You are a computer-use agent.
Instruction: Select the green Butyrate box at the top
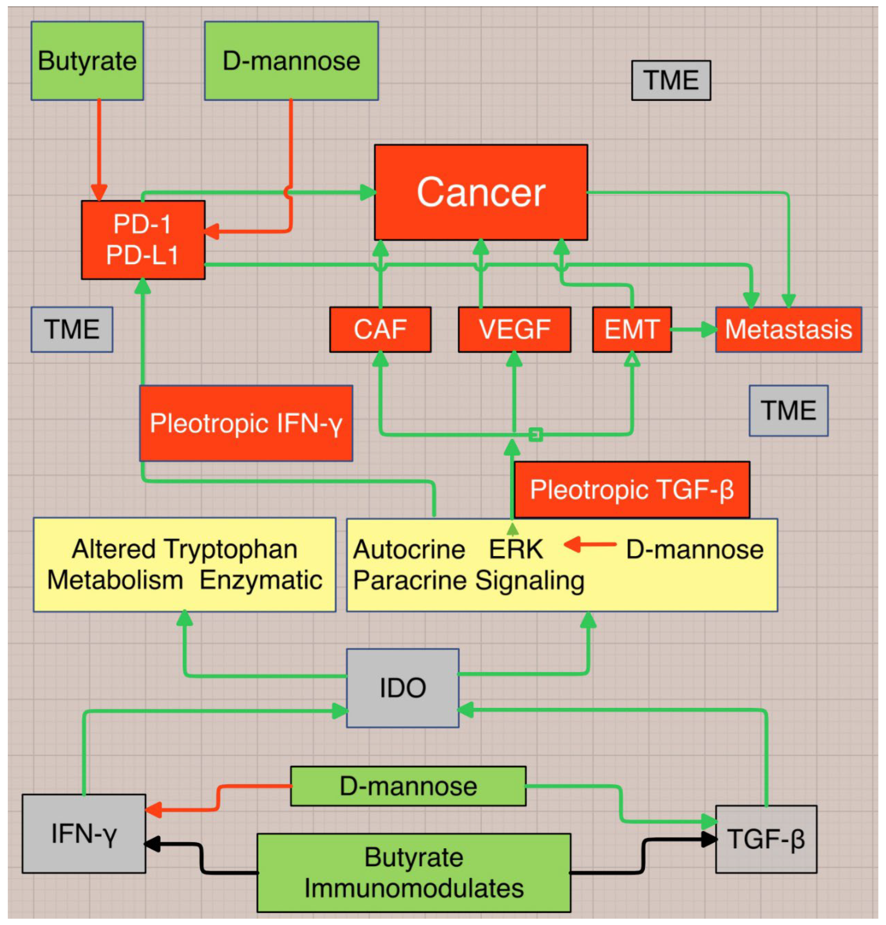point(87,61)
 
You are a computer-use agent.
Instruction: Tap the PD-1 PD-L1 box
point(143,240)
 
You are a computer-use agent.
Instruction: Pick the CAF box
point(380,329)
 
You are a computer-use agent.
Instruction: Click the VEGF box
point(514,329)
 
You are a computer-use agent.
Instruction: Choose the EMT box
point(632,329)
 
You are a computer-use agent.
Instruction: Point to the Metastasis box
point(788,329)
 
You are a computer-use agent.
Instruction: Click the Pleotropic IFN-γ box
point(246,423)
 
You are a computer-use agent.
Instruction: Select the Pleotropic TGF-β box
point(632,489)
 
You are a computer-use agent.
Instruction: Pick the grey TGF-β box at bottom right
point(766,839)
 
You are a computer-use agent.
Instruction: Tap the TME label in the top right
point(671,80)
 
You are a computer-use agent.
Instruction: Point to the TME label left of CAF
point(72,329)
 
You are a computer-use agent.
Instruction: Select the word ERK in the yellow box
point(516,549)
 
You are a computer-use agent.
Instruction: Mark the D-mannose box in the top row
point(291,61)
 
